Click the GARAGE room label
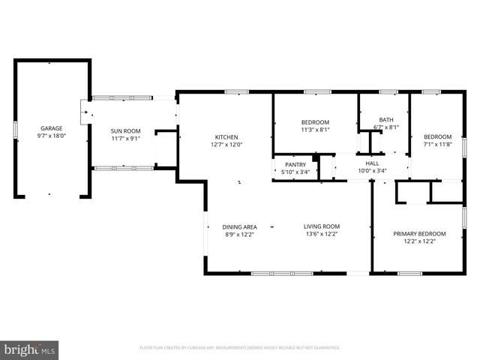click(x=51, y=128)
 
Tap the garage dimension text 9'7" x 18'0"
click(x=51, y=136)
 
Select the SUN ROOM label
click(x=126, y=130)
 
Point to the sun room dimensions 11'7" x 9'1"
click(x=126, y=138)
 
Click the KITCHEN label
click(x=226, y=136)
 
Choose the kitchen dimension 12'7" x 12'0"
click(x=226, y=145)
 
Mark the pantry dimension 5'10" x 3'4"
click(x=295, y=172)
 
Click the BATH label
click(x=385, y=119)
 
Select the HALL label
click(x=372, y=163)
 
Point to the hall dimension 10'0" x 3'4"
click(x=372, y=171)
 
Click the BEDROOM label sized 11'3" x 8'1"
click(x=315, y=121)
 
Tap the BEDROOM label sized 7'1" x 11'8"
click(x=437, y=136)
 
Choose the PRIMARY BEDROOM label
click(x=419, y=233)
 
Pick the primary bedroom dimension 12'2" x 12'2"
click(x=419, y=241)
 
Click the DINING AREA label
click(x=239, y=226)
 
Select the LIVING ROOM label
click(x=322, y=226)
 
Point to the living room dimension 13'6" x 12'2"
click(x=322, y=235)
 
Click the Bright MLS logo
click(x=30, y=349)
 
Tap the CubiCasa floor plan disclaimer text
click(x=240, y=348)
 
